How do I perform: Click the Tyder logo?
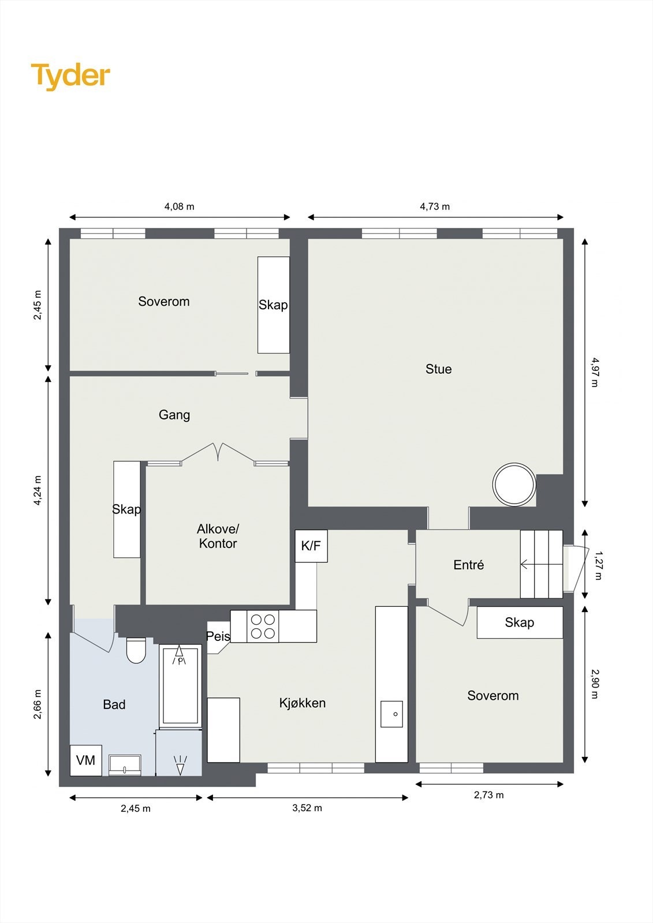tap(70, 77)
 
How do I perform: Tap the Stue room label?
tap(438, 369)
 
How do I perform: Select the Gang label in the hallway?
tap(174, 415)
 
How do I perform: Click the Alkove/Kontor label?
tap(218, 536)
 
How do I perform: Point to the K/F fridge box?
tap(311, 546)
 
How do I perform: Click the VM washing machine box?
tap(86, 760)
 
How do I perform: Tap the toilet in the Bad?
tap(136, 650)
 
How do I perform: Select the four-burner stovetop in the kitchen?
tap(263, 626)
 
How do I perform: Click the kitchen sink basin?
tap(391, 714)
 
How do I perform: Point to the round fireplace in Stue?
tap(514, 485)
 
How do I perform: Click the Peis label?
tap(218, 636)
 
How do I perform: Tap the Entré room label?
tap(469, 565)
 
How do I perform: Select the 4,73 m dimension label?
tap(435, 207)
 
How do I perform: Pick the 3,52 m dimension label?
tap(307, 808)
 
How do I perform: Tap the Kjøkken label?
tap(303, 703)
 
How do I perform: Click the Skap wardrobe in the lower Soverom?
tap(520, 622)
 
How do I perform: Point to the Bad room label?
tap(114, 704)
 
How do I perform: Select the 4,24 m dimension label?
tap(38, 490)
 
